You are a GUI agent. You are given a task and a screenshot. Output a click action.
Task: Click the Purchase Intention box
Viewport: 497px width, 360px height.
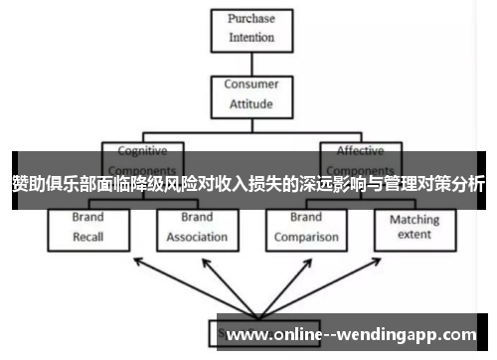coord(251,27)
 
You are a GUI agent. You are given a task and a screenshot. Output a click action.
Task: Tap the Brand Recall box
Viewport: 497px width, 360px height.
coord(88,229)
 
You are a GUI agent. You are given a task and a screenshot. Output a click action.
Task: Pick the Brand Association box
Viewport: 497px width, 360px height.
coord(197,229)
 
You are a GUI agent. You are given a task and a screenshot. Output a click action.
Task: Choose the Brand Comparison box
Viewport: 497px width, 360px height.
coord(306,229)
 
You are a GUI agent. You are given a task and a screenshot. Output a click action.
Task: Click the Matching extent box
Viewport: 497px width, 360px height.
coord(414,229)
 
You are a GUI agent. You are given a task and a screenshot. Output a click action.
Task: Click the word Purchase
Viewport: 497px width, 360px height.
coord(251,19)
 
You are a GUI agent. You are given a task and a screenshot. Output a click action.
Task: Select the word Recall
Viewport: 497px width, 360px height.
coord(88,238)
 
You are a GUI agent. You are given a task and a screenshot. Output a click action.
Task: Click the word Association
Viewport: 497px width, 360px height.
coord(197,238)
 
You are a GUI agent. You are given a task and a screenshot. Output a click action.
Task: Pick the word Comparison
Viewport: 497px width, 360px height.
coord(306,238)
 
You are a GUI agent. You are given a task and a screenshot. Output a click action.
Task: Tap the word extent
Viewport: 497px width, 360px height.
coord(414,236)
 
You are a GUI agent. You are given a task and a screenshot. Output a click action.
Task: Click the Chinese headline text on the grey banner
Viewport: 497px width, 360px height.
coord(248,183)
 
